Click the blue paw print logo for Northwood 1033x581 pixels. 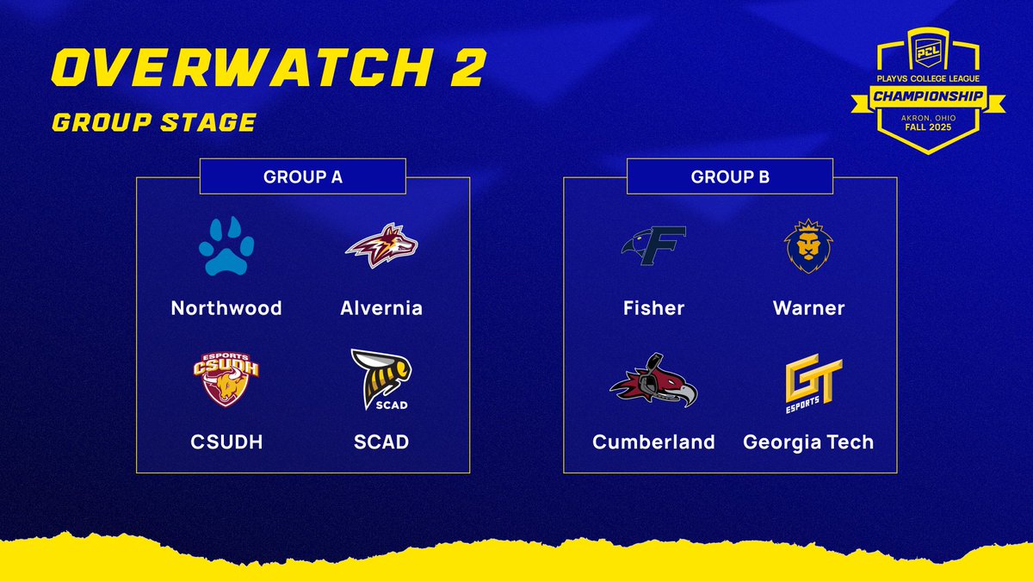coord(226,248)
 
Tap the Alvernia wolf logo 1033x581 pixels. coord(381,247)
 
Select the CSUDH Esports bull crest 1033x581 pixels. coord(226,380)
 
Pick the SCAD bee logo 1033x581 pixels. coord(381,380)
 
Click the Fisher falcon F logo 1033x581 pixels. coord(653,246)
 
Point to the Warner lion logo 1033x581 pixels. coord(808,248)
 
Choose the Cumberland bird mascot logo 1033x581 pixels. coord(653,380)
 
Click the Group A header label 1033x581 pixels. coord(302,177)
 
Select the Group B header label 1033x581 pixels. coord(730,177)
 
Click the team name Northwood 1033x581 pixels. coord(226,308)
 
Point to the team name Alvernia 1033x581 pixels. coord(381,308)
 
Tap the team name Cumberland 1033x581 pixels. coord(653,442)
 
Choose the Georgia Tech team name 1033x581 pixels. coord(808,442)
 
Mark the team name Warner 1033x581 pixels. coord(808,308)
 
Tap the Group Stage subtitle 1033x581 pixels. coord(153,122)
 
